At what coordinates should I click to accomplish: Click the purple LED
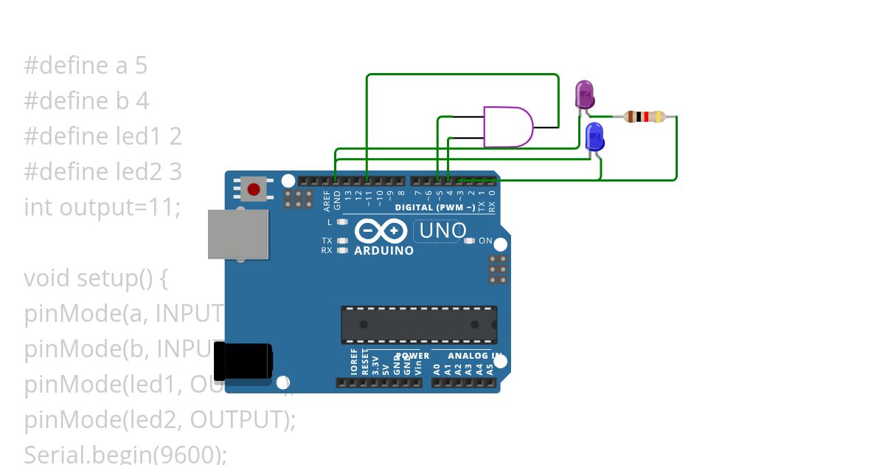coord(584,95)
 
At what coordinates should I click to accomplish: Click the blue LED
coord(594,137)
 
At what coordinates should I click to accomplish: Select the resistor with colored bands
coord(645,117)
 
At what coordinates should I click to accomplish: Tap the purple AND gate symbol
coord(507,127)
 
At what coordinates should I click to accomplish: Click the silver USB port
coord(237,234)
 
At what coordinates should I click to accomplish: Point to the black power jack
coord(243,361)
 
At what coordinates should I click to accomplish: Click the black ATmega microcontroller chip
coord(418,324)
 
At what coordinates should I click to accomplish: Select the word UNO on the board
coord(442,231)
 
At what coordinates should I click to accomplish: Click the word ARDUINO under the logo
coord(383,251)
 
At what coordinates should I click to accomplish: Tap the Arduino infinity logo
coord(381,231)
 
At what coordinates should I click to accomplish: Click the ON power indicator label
coord(485,241)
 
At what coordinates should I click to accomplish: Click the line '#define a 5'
coord(86,66)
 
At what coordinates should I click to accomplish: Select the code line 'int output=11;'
coord(102,207)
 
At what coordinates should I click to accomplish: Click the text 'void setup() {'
coord(97,278)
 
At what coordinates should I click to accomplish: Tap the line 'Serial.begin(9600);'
coord(125,454)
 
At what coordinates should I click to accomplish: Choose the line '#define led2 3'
coord(103,172)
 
